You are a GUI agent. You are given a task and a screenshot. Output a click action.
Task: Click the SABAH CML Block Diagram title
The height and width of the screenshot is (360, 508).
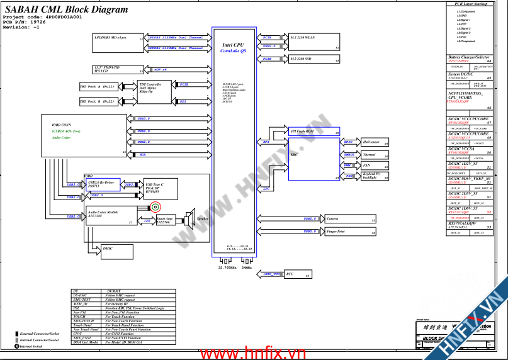[67, 9]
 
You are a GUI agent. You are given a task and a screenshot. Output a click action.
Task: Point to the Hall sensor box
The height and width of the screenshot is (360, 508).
[375, 143]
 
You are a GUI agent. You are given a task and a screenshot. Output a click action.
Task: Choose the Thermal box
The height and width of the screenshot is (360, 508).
[375, 154]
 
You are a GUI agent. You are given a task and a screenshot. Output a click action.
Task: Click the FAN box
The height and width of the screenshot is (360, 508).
[375, 166]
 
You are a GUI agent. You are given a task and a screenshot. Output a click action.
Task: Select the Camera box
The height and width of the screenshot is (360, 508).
[350, 220]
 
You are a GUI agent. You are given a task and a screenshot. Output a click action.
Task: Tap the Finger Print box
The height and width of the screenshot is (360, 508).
[350, 233]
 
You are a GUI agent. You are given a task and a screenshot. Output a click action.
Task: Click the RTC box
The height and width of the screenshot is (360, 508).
[298, 274]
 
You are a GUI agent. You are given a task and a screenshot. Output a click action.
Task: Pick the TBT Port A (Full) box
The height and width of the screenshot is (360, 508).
[98, 86]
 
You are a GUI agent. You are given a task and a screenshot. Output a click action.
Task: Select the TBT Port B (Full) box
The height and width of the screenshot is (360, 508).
[98, 101]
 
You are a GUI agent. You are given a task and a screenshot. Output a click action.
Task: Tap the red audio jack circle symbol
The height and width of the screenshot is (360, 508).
[155, 207]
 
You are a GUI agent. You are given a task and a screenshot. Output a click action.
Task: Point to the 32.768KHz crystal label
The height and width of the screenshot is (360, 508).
[227, 267]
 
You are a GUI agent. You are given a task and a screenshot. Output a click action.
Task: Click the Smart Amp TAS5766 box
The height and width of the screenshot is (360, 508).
[167, 221]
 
